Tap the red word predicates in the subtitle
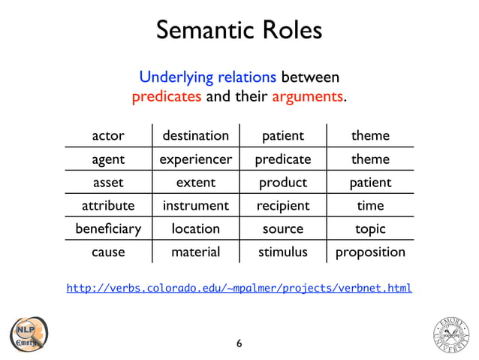tap(166, 97)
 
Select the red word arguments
tap(306, 97)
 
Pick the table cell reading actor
tap(107, 136)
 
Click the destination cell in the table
tap(195, 136)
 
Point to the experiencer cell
tap(195, 159)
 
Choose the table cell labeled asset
tap(107, 183)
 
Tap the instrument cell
tap(195, 205)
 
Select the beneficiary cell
tap(107, 228)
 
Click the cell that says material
tap(195, 252)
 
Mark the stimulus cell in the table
tap(282, 252)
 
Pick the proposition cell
tap(370, 252)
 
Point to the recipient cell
tap(282, 205)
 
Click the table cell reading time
tap(370, 205)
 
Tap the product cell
tap(282, 183)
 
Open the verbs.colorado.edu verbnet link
tap(239, 288)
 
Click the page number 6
tap(239, 344)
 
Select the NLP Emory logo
tap(28, 334)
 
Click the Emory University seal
tap(451, 334)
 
